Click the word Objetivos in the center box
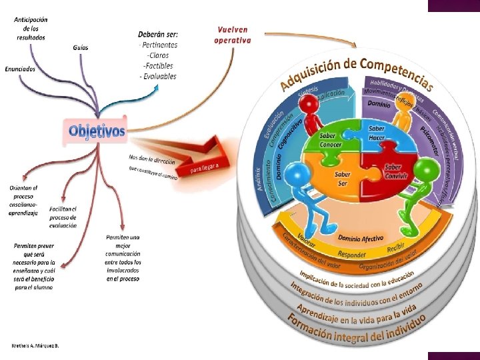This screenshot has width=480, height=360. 97,131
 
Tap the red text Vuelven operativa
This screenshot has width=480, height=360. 233,35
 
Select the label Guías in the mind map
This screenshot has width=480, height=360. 81,48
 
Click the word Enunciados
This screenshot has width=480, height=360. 20,69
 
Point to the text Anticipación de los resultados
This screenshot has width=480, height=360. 31,29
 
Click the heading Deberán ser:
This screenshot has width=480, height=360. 157,34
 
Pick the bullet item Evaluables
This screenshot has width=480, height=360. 159,76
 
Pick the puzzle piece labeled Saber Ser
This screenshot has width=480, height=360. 342,179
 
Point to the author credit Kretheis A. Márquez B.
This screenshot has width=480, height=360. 35,346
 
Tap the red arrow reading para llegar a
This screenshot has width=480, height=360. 208,166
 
